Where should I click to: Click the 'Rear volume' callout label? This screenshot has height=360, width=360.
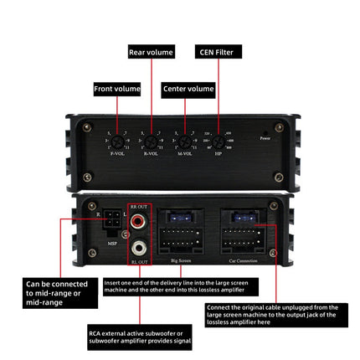[x=152, y=52]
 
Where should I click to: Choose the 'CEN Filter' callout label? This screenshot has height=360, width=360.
[x=219, y=52]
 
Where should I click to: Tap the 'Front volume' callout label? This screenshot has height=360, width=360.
[x=116, y=89]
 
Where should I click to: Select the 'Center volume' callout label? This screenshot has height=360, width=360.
[x=188, y=89]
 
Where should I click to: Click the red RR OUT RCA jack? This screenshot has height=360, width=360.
[x=138, y=222]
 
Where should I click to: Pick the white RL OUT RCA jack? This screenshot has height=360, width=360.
[x=138, y=249]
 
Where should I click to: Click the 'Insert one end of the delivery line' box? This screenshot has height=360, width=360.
[x=175, y=287]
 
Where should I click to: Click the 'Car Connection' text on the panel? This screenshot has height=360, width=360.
[x=245, y=262]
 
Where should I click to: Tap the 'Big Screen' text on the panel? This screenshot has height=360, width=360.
[x=181, y=261]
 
